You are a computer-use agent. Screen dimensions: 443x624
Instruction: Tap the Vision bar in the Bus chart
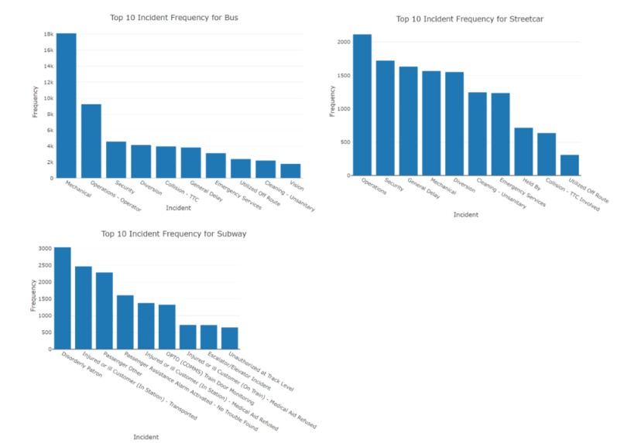(x=290, y=171)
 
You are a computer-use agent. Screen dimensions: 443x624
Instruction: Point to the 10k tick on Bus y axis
(x=48, y=98)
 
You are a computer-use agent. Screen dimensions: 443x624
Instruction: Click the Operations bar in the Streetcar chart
(x=362, y=105)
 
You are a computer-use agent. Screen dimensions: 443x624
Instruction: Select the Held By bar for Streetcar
(x=523, y=152)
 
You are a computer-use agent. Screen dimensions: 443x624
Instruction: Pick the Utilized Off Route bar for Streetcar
(x=570, y=165)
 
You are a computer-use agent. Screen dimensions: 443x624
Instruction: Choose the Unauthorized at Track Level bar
(x=230, y=338)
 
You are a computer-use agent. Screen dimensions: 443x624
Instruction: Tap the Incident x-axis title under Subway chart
(x=146, y=437)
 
